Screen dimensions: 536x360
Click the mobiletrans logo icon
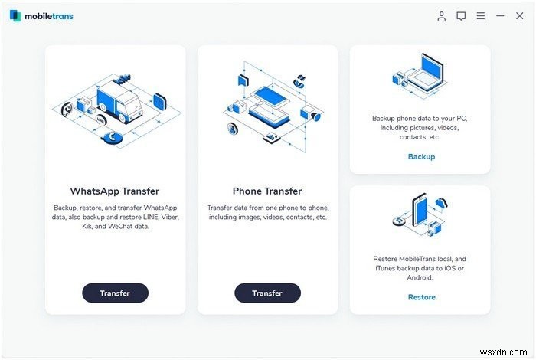click(15, 16)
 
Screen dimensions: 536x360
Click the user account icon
click(441, 16)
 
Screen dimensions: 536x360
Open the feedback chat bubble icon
click(461, 16)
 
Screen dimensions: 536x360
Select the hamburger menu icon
click(481, 16)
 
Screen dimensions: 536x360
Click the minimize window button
click(500, 16)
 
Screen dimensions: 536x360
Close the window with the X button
click(520, 16)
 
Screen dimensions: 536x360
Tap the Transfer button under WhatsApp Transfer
click(115, 293)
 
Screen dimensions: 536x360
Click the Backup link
click(421, 156)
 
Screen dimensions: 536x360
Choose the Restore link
click(421, 297)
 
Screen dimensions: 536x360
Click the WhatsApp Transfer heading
click(115, 191)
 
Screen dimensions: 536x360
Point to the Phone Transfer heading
click(267, 191)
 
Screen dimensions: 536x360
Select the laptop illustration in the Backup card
click(427, 73)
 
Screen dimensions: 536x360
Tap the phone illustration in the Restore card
click(420, 209)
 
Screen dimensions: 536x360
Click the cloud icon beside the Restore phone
click(441, 204)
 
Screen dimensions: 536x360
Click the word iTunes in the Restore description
click(386, 268)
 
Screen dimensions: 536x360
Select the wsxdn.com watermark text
click(504, 352)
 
